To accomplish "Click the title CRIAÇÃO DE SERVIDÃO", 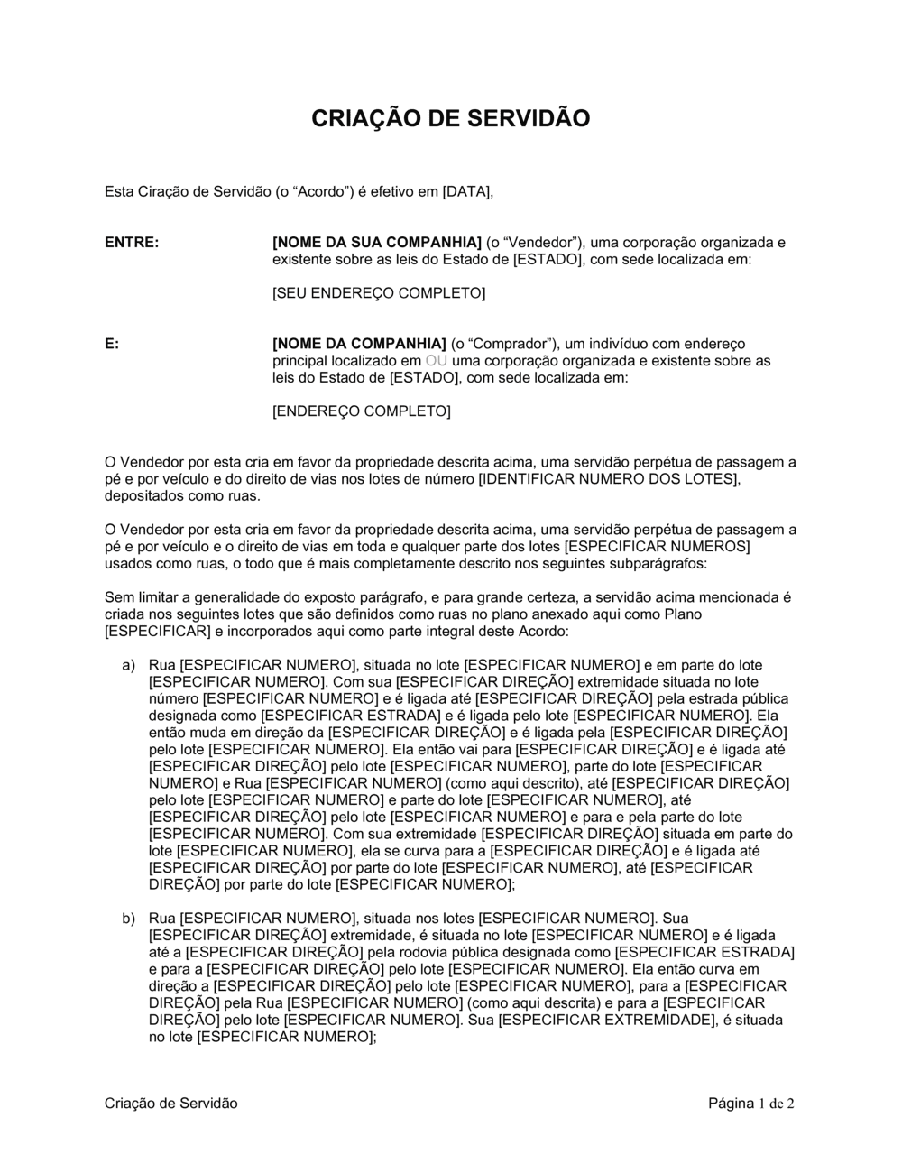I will click(x=450, y=118).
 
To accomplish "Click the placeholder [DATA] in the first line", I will click(x=466, y=191).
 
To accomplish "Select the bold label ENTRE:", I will click(x=132, y=243).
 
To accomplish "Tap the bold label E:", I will click(x=112, y=344).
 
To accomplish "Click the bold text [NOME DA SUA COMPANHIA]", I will click(x=377, y=243).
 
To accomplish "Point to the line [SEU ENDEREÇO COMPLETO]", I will click(x=378, y=293).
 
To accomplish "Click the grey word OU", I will click(x=437, y=361).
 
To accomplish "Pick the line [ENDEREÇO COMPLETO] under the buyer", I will click(x=361, y=411).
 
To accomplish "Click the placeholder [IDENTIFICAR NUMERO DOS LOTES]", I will click(x=609, y=479).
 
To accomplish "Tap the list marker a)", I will click(x=129, y=665).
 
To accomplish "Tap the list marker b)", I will click(x=129, y=919).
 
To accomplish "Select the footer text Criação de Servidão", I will click(x=171, y=1103).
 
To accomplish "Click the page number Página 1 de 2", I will click(x=750, y=1103).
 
